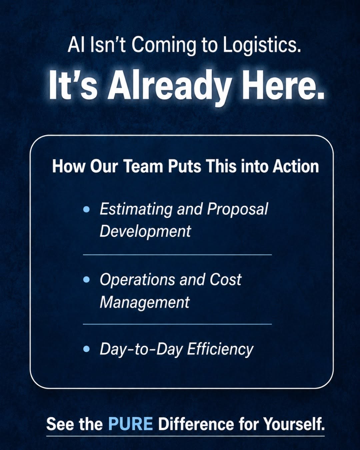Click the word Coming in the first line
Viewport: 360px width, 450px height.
164,46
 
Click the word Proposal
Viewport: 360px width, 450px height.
237,209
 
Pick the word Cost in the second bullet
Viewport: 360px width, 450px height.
225,280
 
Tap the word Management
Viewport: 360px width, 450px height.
145,302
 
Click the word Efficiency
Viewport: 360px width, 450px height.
220,349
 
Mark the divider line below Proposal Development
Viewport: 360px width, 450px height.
177,255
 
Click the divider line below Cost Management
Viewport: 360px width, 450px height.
177,324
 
